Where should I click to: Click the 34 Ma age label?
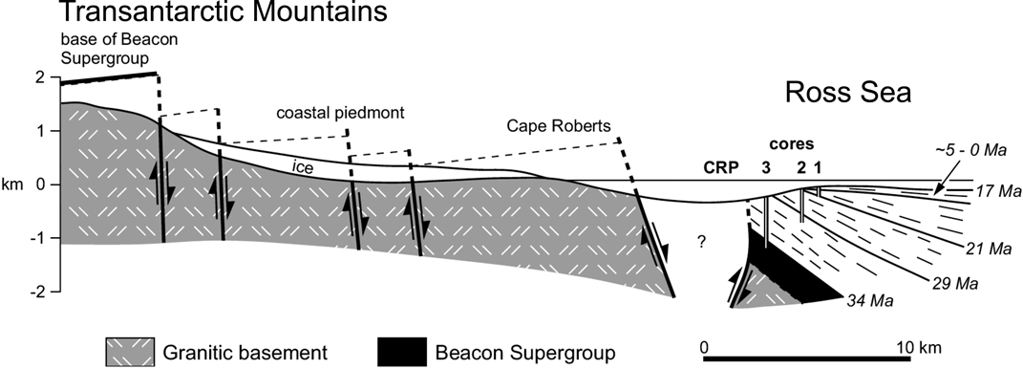(x=868, y=302)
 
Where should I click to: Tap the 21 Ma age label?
(x=988, y=250)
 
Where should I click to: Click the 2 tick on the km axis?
(x=41, y=76)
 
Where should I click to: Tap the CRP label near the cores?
(x=720, y=169)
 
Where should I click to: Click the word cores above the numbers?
(x=792, y=145)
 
